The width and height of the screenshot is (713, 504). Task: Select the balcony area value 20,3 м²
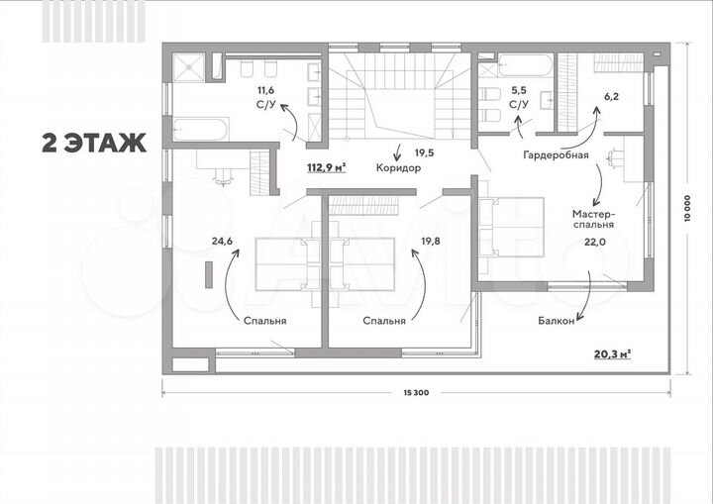point(614,353)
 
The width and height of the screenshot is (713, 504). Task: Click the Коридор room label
point(399,168)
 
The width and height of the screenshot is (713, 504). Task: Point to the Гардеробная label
point(558,155)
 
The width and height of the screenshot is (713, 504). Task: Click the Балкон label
point(557,320)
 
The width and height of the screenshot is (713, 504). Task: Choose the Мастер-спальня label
point(594,219)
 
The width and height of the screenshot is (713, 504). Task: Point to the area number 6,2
point(611,97)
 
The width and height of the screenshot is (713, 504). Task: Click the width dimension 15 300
point(415,394)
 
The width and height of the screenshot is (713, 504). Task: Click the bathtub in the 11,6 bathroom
point(202,127)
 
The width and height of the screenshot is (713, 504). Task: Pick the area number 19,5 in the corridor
point(424,152)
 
